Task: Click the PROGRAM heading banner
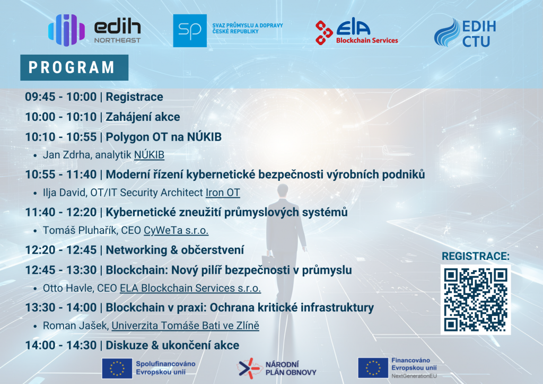[x=74, y=67]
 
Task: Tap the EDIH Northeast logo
[x=94, y=30]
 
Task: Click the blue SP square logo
[x=190, y=30]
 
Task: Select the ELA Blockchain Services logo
[x=357, y=31]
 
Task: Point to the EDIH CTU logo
[x=465, y=33]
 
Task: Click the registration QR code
[x=476, y=300]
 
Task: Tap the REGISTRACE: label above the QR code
[x=476, y=256]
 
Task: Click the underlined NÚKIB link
[x=149, y=155]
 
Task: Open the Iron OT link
[x=223, y=193]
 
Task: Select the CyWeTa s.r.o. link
[x=176, y=230]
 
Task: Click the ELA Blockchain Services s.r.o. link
[x=190, y=288]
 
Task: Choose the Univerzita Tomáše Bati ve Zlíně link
[x=185, y=326]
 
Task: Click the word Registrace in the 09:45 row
[x=134, y=97]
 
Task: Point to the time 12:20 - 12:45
[x=60, y=250]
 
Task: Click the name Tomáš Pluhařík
[x=80, y=230]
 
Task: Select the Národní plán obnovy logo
[x=277, y=368]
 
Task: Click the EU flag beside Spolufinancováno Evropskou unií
[x=117, y=368]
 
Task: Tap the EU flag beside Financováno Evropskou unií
[x=373, y=368]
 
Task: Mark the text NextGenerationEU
[x=414, y=376]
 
